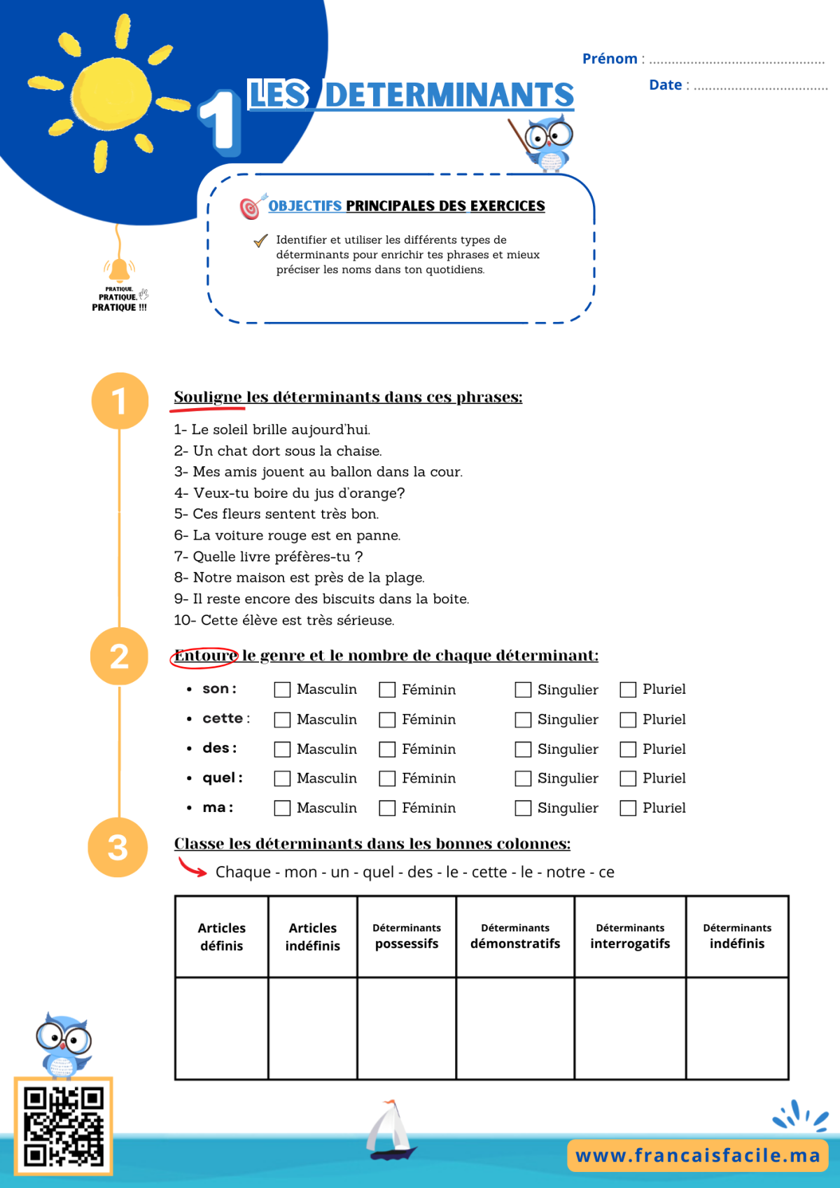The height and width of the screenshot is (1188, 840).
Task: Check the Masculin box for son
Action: point(282,690)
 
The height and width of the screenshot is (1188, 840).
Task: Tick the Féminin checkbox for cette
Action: point(387,720)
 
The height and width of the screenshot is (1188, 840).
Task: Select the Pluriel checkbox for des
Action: point(628,749)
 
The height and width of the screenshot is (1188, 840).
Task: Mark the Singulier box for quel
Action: point(523,778)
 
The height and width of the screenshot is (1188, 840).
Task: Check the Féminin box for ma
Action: point(387,809)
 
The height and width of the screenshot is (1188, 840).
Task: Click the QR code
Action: point(64,1126)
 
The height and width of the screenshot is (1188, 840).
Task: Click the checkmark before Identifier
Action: point(260,241)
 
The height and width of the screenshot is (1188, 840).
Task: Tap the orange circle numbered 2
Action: point(119,657)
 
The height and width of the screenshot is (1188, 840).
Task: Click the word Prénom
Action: point(610,58)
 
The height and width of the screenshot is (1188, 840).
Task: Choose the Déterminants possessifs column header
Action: point(407,937)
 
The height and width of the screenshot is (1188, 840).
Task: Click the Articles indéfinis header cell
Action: point(313,937)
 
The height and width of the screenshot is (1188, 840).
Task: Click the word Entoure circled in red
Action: point(205,656)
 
